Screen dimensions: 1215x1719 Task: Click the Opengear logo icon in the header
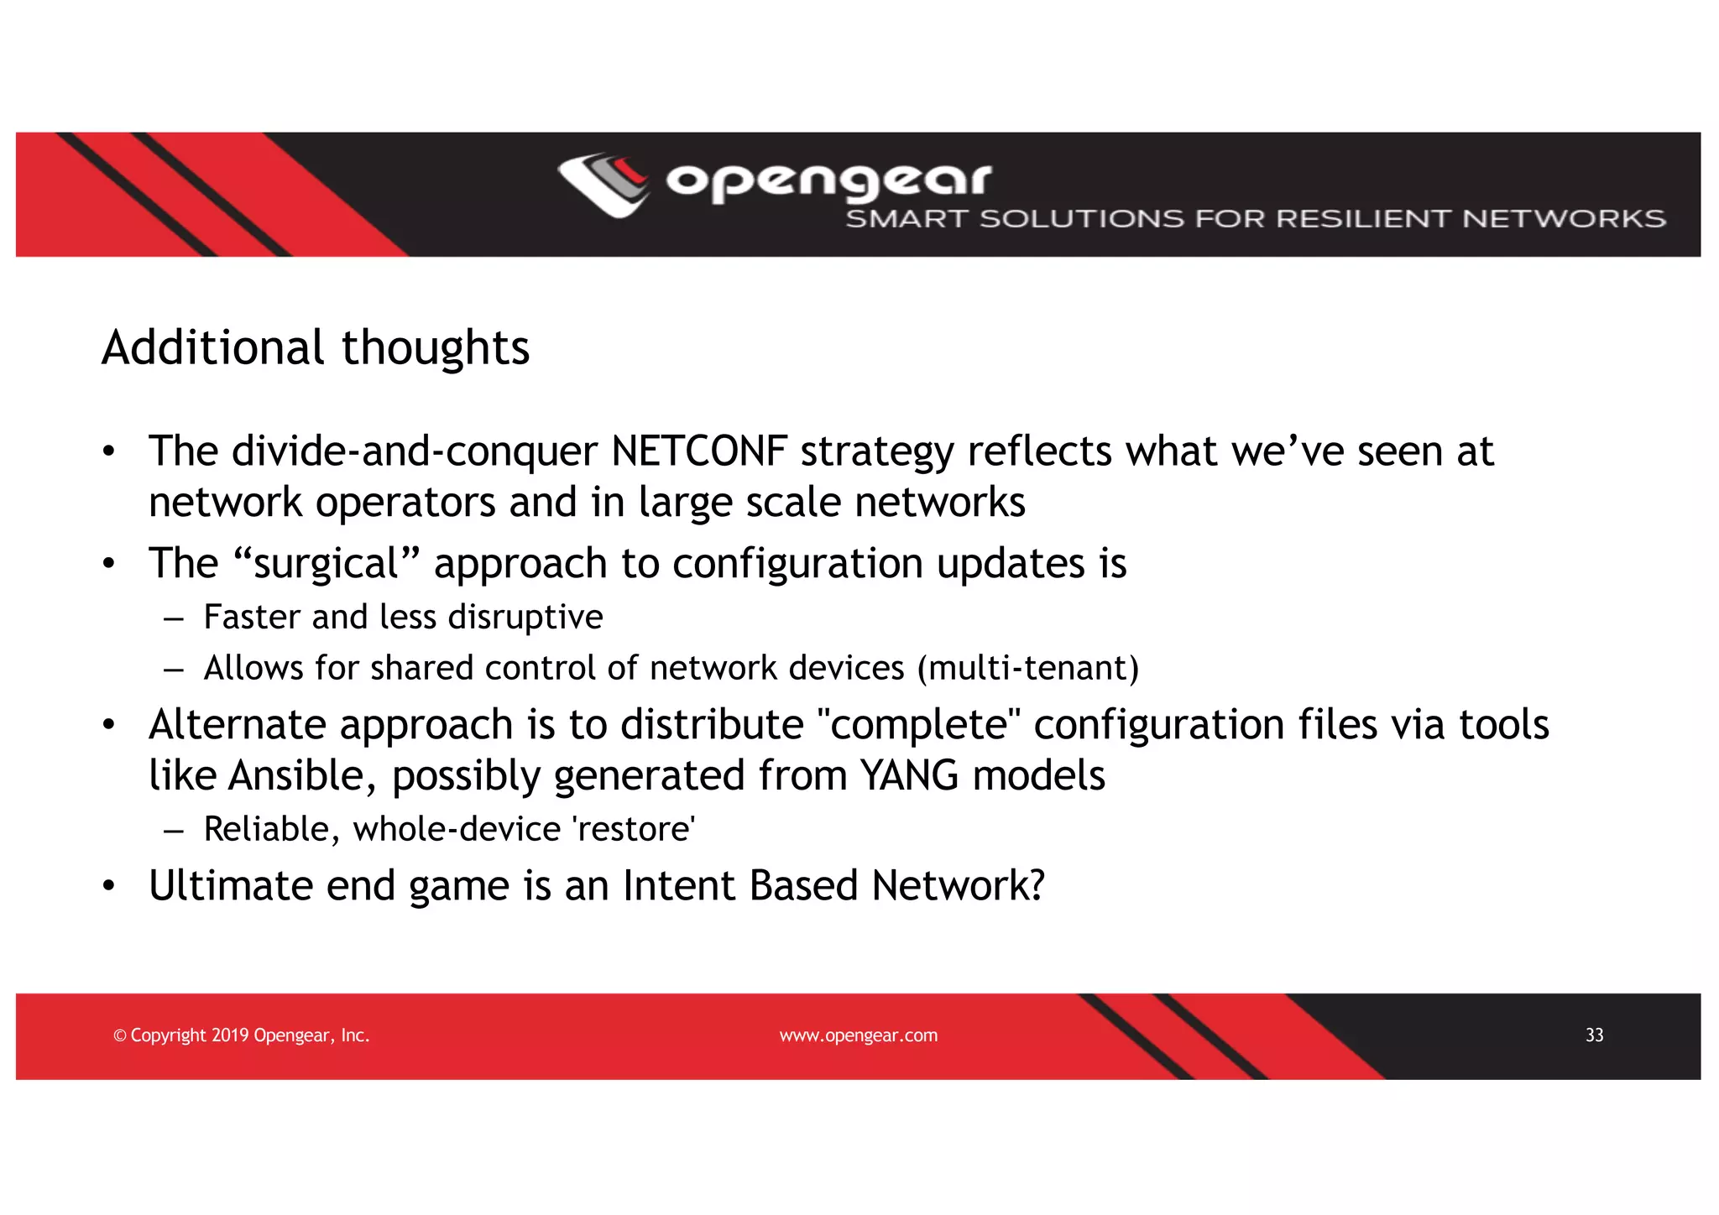click(603, 185)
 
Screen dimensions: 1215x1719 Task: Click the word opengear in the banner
click(828, 180)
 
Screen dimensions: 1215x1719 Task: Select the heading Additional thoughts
click(316, 347)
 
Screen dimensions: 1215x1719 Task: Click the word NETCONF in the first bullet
click(699, 451)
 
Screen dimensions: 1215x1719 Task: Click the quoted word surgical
click(326, 563)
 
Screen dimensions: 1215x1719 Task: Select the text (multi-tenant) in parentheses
click(1028, 669)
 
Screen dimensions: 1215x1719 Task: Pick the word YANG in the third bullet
click(910, 775)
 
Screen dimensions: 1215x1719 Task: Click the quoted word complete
click(918, 725)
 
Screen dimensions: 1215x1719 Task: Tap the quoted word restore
click(634, 830)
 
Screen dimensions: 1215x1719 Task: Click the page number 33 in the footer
click(1594, 1035)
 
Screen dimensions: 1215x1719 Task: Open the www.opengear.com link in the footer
click(858, 1035)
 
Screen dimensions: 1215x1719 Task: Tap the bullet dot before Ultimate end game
click(108, 887)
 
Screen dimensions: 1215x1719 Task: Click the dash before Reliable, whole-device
click(174, 831)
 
